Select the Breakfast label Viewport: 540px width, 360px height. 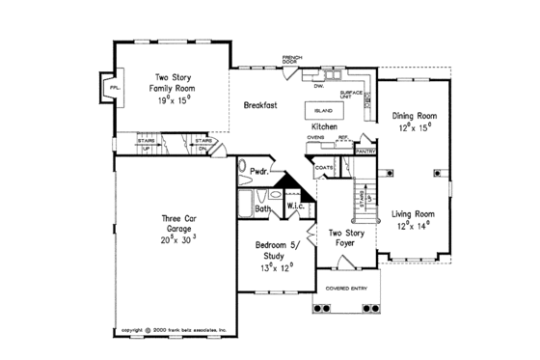point(260,104)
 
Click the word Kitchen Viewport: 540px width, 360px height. point(324,126)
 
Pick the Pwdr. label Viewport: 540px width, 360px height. point(258,172)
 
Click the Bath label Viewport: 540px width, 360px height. point(262,208)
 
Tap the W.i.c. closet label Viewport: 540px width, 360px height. point(295,207)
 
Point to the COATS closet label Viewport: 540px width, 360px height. point(324,168)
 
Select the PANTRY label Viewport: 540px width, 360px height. point(364,152)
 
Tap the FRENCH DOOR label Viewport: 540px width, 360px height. point(292,60)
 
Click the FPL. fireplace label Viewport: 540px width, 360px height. point(114,88)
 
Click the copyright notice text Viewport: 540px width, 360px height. point(173,329)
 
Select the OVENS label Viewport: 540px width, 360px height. point(315,138)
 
